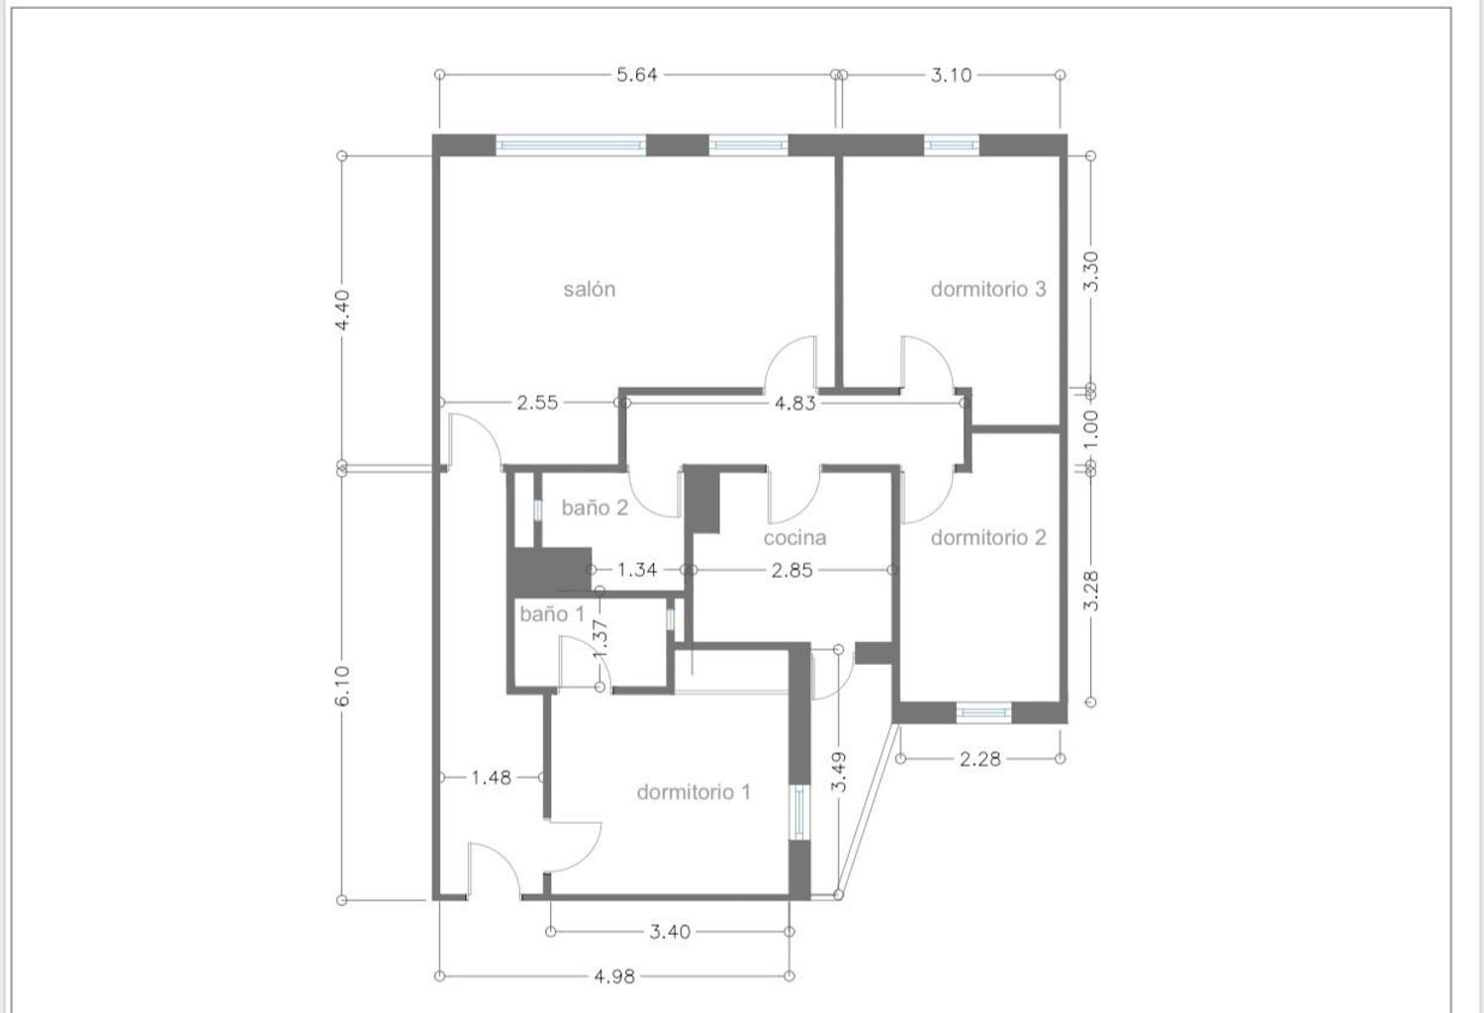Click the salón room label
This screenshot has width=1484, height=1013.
(589, 289)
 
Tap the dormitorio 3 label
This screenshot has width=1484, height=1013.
(988, 289)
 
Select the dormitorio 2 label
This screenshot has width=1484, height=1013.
(988, 537)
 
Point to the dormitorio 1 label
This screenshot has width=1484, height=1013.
(694, 791)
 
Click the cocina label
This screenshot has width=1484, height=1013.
(794, 537)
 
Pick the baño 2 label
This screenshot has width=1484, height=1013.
(595, 507)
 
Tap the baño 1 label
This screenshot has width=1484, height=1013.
(552, 614)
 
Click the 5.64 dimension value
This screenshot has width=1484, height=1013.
(637, 75)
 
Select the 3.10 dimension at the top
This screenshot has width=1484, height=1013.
(952, 75)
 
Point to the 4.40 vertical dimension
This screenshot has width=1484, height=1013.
(342, 310)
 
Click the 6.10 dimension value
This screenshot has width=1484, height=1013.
(342, 687)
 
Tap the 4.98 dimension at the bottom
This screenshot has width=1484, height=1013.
(614, 975)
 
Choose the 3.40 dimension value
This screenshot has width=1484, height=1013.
(670, 932)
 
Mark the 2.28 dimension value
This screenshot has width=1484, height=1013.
(979, 759)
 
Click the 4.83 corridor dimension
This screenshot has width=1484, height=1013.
(795, 403)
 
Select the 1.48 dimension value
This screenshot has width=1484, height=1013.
(491, 778)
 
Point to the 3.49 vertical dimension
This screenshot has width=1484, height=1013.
(839, 772)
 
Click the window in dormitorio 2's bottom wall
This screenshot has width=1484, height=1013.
(983, 713)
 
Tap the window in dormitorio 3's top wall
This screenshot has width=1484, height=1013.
(952, 144)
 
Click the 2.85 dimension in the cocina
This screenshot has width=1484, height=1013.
(791, 570)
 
